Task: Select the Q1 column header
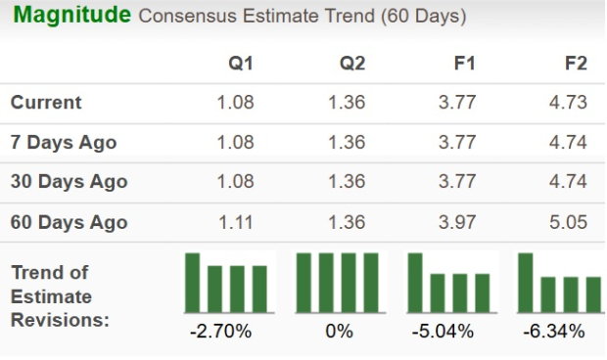tap(241, 64)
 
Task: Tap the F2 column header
tap(576, 64)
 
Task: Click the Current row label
tap(46, 102)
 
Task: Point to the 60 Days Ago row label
tap(69, 222)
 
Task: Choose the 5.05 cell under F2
tap(569, 222)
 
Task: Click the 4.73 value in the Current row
tap(569, 102)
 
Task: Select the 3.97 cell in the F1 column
tap(457, 222)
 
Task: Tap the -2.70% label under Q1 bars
tap(220, 331)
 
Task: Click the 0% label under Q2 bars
tap(339, 331)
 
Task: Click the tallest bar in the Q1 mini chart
tap(193, 282)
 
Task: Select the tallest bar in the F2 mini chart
tap(526, 282)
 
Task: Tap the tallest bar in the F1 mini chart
tap(415, 282)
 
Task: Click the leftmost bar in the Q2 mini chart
tap(303, 282)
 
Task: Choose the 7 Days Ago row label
tap(64, 142)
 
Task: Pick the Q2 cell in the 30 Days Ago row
tap(347, 182)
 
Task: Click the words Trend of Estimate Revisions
tap(59, 295)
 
